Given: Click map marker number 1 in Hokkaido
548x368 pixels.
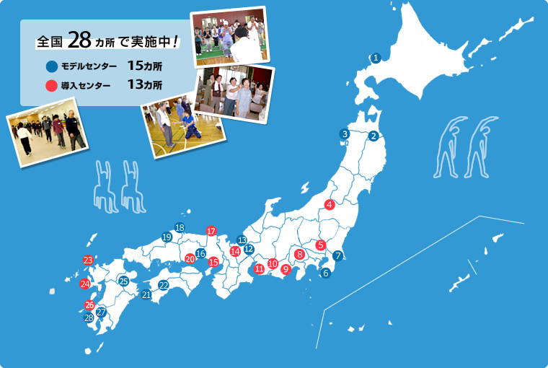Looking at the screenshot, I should pos(376,57).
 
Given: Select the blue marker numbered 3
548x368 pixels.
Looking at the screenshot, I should pos(345,133).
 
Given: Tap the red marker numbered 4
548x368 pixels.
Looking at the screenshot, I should pos(330,204).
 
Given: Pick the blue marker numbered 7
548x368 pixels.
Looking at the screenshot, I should pos(338,255).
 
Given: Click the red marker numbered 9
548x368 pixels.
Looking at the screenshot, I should pos(286,269).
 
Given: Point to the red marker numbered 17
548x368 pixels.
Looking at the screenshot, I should pos(211,231).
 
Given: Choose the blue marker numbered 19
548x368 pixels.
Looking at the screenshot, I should pos(167,237).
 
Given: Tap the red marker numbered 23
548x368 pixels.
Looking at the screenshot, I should pos(88,260).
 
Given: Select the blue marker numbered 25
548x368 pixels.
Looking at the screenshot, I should pos(123,281).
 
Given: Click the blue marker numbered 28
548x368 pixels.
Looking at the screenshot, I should pos(89,317).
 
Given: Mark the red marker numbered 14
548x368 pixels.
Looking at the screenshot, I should pos(235,251).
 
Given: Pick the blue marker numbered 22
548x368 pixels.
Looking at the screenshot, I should pos(164,285).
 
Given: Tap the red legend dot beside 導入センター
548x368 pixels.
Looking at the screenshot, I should pos(51,86).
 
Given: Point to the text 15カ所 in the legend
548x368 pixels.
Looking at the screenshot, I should pos(144,66).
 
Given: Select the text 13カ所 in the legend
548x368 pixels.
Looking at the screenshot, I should pos(144,85).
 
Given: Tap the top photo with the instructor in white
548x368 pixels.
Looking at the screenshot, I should pos(229,36).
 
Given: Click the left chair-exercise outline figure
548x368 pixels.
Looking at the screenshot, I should pos(106,186).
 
